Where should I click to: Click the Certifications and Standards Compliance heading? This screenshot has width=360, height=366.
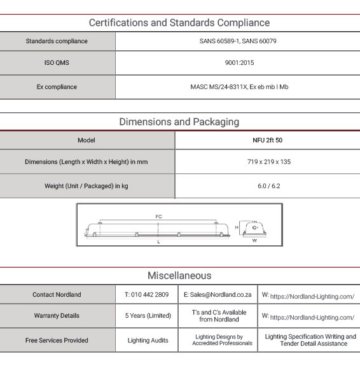(179, 23)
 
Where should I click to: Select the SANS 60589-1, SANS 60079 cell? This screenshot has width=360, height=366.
(238, 41)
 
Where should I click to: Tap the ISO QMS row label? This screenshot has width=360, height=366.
(57, 63)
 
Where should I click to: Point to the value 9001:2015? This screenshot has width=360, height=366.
(239, 63)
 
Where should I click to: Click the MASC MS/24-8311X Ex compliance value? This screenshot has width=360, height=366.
(239, 87)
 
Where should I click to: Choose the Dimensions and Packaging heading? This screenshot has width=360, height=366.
(179, 122)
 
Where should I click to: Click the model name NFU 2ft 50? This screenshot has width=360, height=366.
(268, 140)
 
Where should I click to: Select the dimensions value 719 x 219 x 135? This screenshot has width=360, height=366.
(269, 162)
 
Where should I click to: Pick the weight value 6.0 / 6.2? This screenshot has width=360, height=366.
(269, 186)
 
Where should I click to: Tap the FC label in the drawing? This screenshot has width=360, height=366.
(158, 217)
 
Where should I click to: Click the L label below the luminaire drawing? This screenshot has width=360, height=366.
(158, 242)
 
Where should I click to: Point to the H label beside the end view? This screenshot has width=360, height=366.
(237, 227)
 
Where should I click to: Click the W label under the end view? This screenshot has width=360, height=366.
(254, 240)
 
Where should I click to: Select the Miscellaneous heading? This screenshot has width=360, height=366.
(179, 276)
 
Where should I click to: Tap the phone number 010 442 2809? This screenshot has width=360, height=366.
(149, 295)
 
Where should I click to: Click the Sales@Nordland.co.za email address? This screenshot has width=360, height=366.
(221, 295)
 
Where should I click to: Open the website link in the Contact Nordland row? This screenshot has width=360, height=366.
(312, 297)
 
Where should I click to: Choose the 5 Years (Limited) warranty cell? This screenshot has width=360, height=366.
(148, 316)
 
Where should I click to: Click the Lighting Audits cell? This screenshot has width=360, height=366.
(148, 341)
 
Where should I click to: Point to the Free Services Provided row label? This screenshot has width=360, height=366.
(57, 341)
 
